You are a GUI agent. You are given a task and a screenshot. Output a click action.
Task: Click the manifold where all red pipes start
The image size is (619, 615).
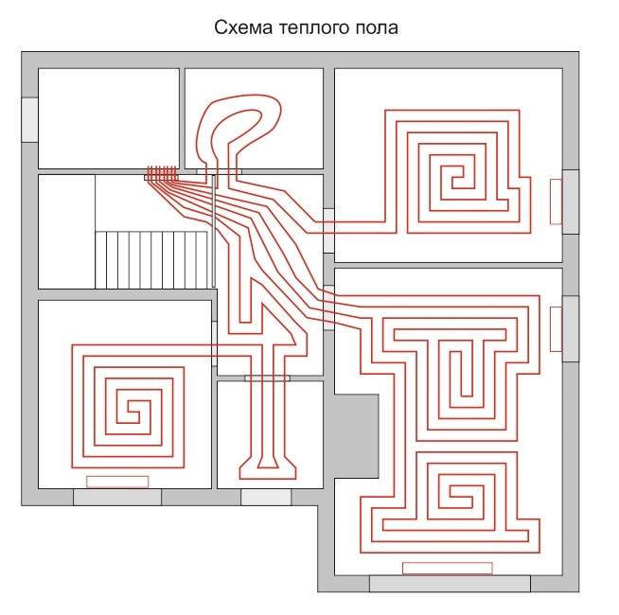162,174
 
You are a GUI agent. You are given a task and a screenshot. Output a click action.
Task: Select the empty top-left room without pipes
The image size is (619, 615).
108,118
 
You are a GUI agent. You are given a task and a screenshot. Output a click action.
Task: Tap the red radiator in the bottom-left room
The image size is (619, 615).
117,482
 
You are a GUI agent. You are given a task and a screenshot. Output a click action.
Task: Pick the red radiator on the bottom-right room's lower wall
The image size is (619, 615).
447,568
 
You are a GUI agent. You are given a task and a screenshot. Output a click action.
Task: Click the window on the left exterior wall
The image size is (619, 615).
29,118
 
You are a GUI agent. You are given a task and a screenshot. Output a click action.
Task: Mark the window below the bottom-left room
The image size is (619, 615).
117,497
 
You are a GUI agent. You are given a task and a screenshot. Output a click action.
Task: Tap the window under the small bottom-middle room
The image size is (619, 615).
266,497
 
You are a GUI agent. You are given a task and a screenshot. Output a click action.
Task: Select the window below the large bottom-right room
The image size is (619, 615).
447,584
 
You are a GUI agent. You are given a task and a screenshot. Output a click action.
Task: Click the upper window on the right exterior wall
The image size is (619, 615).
571,201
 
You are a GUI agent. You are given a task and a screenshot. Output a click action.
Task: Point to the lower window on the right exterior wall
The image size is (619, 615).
571,328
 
